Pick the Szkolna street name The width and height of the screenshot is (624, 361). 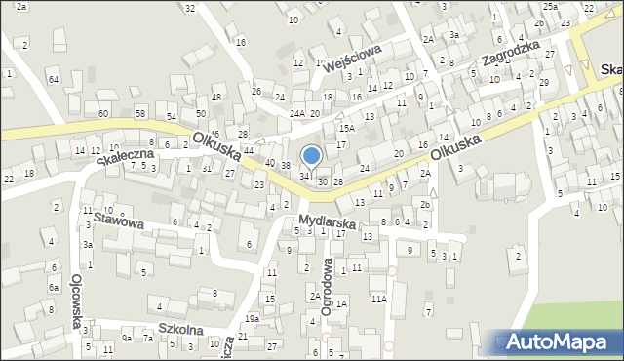(x=181, y=330)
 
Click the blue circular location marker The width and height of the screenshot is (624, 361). (x=312, y=155)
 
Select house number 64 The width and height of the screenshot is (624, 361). (x=54, y=79)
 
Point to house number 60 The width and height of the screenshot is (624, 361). (x=102, y=114)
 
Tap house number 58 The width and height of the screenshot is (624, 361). (x=140, y=114)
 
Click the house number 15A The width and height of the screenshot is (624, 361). (x=345, y=128)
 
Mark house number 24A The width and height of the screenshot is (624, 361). (x=296, y=113)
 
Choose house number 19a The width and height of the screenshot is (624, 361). (x=252, y=318)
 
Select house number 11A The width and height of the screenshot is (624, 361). (x=378, y=300)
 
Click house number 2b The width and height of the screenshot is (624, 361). (x=425, y=205)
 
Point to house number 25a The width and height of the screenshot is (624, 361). (x=552, y=7)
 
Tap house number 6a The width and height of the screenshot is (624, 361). (x=54, y=289)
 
